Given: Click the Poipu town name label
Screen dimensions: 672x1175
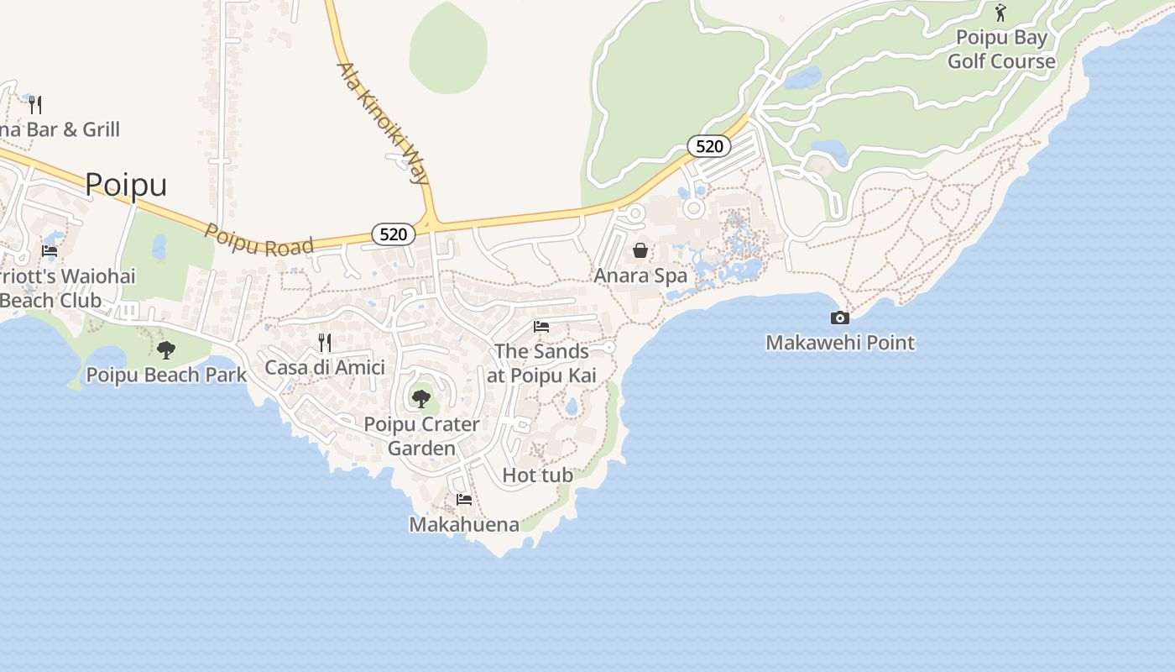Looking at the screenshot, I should [126, 184].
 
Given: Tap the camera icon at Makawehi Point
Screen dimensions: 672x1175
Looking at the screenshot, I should [839, 318].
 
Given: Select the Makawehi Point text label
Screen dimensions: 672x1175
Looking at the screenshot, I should [840, 343].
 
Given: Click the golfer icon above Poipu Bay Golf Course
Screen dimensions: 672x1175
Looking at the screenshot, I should [1000, 13].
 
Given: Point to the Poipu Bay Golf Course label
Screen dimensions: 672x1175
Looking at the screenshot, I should [1001, 50].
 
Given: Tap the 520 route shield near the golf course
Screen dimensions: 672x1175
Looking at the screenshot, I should [709, 146].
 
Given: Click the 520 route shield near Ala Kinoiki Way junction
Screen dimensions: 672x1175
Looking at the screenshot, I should [393, 234].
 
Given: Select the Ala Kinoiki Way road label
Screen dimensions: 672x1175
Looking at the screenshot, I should [383, 123].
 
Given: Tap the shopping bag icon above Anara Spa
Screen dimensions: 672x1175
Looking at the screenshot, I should [640, 250].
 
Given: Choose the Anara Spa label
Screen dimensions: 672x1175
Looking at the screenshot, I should [640, 276].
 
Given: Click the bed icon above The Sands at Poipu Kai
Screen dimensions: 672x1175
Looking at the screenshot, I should [541, 326].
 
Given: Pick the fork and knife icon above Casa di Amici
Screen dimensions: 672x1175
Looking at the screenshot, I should [325, 342].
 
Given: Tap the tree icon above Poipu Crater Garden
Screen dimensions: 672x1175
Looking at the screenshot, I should [421, 398].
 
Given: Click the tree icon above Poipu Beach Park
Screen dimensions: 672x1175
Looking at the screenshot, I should [166, 349].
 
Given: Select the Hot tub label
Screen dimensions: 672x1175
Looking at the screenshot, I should [537, 475].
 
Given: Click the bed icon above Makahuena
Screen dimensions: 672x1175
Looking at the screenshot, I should [463, 500].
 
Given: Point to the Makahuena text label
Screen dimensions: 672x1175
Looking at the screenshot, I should [463, 525].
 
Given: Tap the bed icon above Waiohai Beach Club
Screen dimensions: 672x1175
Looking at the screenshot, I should [50, 250].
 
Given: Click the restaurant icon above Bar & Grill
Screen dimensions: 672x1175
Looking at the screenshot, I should [35, 104].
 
